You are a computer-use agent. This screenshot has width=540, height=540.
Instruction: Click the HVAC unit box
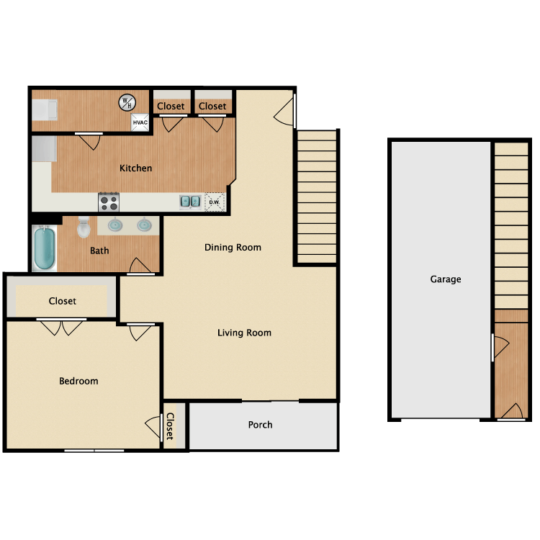coord(140,123)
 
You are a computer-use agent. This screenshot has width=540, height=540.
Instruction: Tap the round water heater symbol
coord(126,103)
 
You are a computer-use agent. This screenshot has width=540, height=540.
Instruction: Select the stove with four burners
coord(109,202)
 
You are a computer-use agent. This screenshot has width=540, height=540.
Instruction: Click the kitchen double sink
coord(191,202)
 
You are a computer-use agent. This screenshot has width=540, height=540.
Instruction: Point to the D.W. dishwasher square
coord(215,202)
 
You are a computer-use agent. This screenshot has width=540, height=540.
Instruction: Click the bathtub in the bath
coord(44,248)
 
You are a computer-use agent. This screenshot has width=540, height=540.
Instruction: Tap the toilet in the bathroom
coord(83,227)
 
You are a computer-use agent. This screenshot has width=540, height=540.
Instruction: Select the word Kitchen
coord(135,168)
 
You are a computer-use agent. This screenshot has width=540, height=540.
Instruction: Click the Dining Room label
coord(233,247)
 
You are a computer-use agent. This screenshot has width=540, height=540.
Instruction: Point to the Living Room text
coord(244,333)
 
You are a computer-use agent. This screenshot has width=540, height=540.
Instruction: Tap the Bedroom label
coord(78,381)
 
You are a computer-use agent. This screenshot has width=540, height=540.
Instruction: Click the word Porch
coord(260,425)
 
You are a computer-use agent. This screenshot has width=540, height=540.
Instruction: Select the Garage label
coord(446,279)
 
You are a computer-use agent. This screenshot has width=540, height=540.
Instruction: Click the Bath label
coord(99,251)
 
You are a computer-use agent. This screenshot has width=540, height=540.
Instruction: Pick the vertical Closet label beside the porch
coord(170,426)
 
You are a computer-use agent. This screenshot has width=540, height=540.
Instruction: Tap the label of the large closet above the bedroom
coord(63,301)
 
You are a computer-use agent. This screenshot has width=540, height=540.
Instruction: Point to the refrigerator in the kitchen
coord(43,149)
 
